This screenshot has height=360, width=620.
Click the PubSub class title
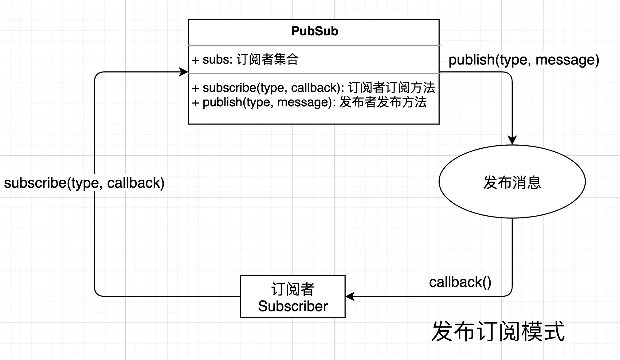pyautogui.click(x=314, y=31)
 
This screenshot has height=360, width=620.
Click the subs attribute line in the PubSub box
pyautogui.click(x=245, y=60)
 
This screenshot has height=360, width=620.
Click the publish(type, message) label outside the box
pyautogui.click(x=524, y=60)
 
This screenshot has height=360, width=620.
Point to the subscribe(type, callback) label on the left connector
pyautogui.click(x=84, y=183)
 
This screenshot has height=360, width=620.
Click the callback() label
pyautogui.click(x=460, y=282)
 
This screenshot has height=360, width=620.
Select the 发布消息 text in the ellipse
pyautogui.click(x=512, y=182)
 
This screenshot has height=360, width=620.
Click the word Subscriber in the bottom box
pyautogui.click(x=293, y=306)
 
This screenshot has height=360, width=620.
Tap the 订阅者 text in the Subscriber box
pyautogui.click(x=293, y=289)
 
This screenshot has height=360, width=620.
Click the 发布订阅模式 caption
pyautogui.click(x=498, y=331)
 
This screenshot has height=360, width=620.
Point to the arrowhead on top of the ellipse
pyautogui.click(x=512, y=140)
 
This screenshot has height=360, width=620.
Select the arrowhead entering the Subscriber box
pyautogui.click(x=350, y=296)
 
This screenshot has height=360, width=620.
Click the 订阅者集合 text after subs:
pyautogui.click(x=267, y=60)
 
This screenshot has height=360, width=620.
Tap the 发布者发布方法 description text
pyautogui.click(x=383, y=102)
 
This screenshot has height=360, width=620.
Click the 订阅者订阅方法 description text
pyautogui.click(x=391, y=88)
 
